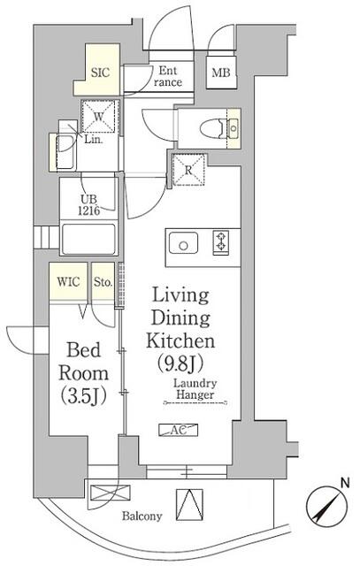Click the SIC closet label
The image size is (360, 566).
click(x=100, y=74)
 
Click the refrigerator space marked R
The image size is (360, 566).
click(x=189, y=169)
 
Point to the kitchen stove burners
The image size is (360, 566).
click(x=220, y=241)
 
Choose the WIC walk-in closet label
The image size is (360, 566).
click(x=68, y=282)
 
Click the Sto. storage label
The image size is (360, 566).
click(x=102, y=282)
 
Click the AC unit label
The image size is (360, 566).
click(x=178, y=430)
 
